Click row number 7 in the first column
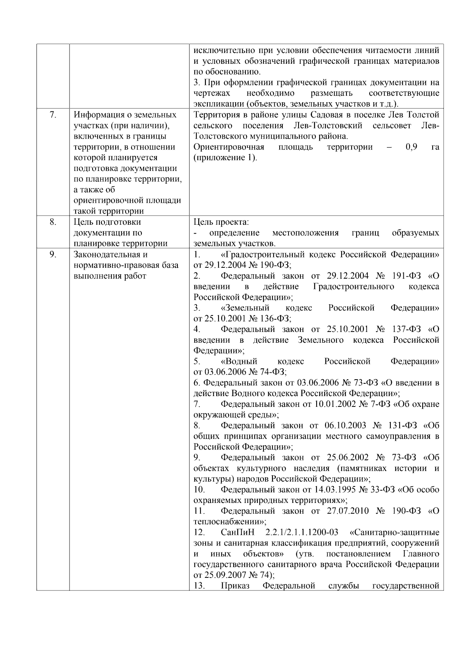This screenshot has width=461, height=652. pos(53,115)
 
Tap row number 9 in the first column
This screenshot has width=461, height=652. pos(53,254)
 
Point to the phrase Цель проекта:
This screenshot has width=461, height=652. pos(221,222)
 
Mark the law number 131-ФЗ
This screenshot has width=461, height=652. pos(404,425)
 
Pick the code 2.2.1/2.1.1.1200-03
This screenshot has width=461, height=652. pos(302,533)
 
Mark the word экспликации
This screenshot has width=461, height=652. pos(218,104)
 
